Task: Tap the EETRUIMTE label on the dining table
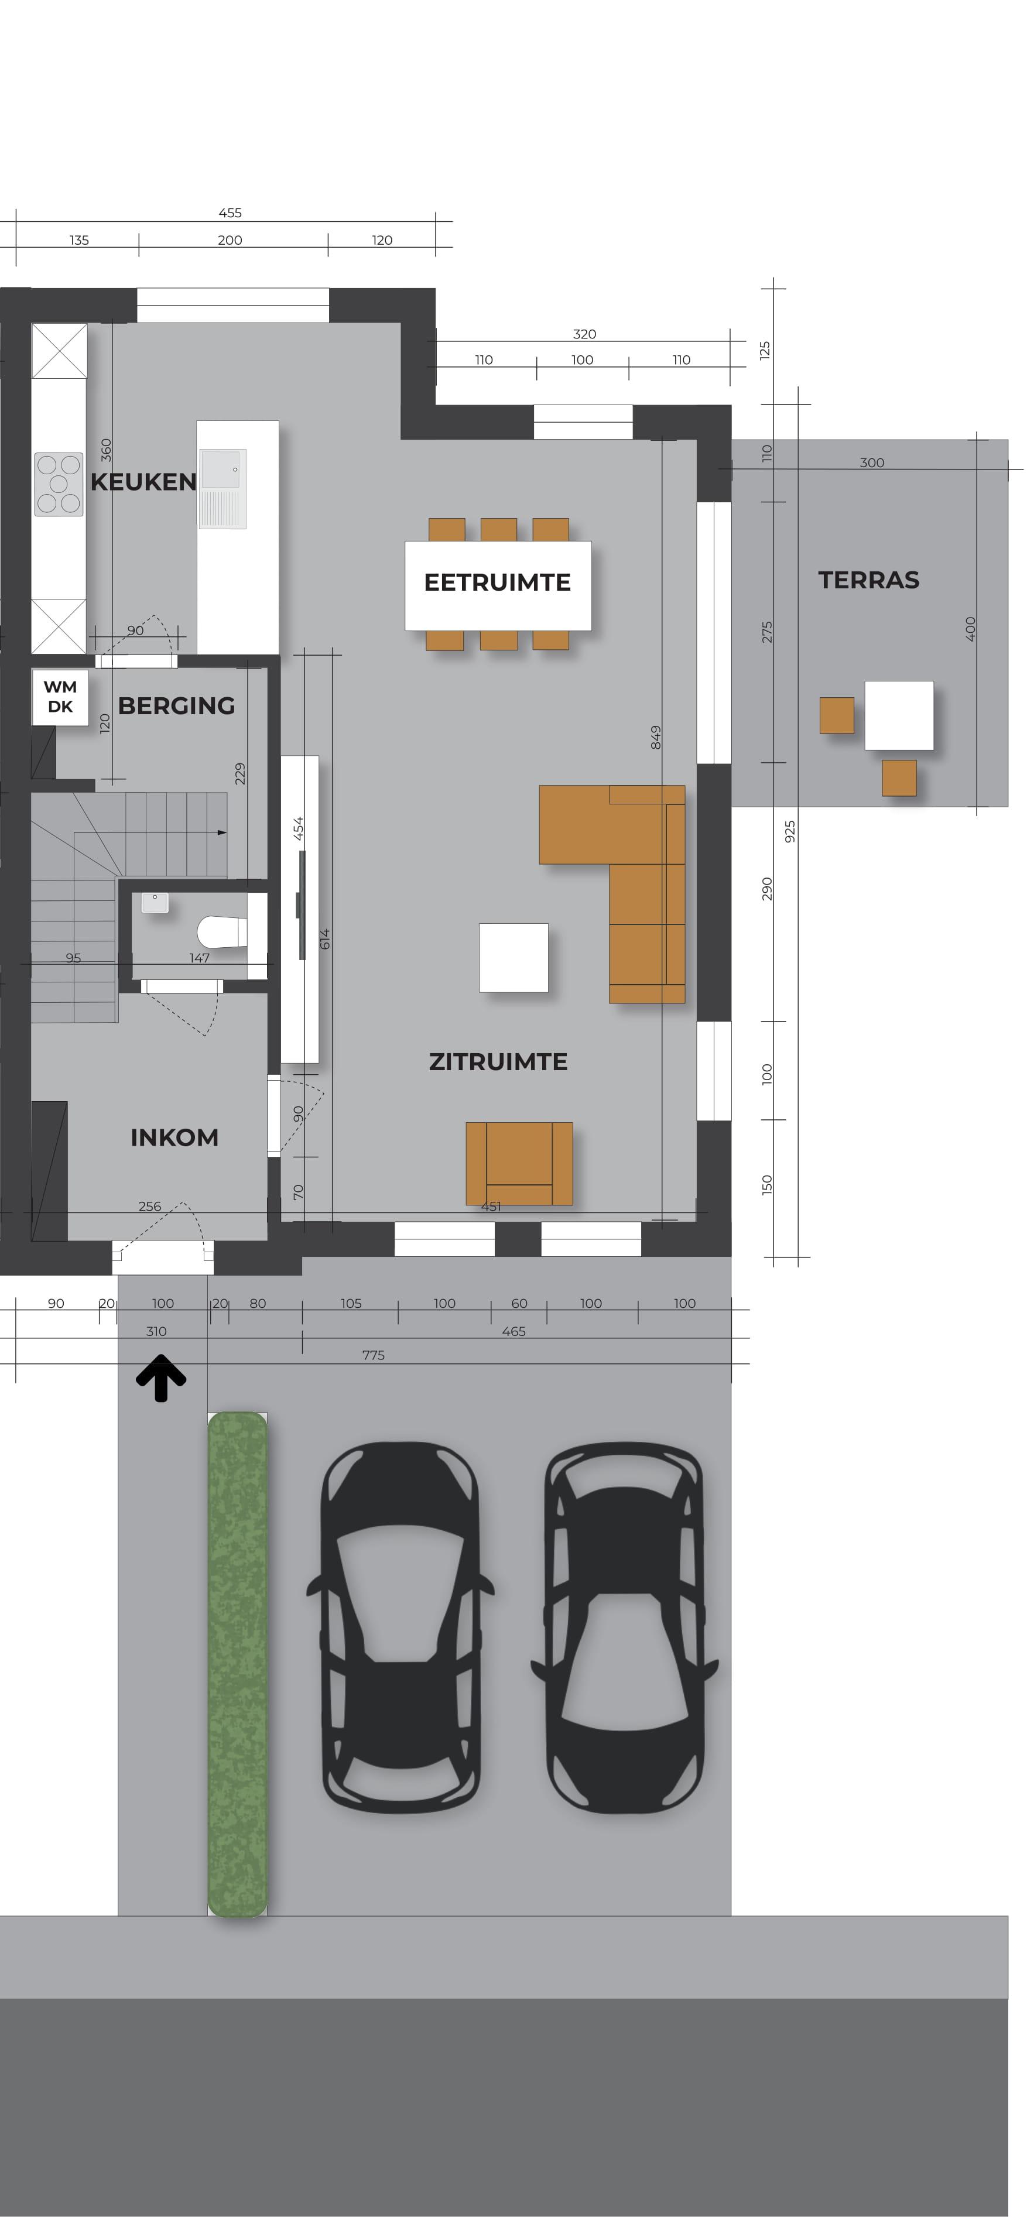(x=498, y=582)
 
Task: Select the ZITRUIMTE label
(x=498, y=1062)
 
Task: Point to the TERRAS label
(x=868, y=580)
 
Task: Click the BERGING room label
(x=176, y=705)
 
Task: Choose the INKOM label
(x=174, y=1137)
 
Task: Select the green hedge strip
(x=238, y=1664)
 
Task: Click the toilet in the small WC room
(x=223, y=931)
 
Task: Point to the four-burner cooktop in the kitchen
(x=59, y=485)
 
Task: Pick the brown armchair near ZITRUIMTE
(x=519, y=1164)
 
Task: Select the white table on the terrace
(x=899, y=715)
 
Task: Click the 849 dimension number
(x=656, y=738)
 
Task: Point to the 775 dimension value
(x=374, y=1355)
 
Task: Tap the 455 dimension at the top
(x=230, y=213)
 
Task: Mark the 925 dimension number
(x=790, y=831)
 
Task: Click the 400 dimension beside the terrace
(x=971, y=629)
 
